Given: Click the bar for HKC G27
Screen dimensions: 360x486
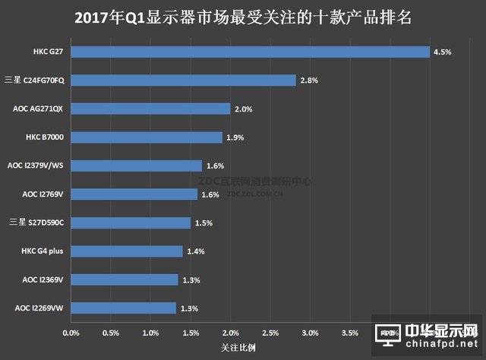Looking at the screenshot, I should [x=251, y=52].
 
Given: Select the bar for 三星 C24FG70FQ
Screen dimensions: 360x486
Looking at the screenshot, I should [x=183, y=81].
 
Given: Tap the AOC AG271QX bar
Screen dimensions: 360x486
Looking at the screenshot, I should [x=150, y=109].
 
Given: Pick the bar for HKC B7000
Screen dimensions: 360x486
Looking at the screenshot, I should [x=147, y=137].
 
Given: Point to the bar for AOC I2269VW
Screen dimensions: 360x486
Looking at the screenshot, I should [x=123, y=308].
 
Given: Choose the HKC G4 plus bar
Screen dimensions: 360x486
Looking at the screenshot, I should [x=127, y=251].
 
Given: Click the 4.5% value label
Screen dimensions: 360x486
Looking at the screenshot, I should [x=442, y=52].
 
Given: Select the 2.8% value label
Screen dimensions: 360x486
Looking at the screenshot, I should [x=309, y=81].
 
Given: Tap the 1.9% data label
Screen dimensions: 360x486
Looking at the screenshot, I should [x=236, y=137].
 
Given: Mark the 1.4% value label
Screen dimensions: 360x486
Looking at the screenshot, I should [x=196, y=251].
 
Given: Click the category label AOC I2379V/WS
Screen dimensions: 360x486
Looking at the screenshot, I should [x=36, y=166].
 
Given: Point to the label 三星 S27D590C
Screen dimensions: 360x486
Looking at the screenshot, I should [x=35, y=223].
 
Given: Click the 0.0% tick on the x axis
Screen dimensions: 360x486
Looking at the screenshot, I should [x=71, y=333].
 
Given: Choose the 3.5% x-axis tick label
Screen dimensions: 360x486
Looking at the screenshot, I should [x=350, y=333].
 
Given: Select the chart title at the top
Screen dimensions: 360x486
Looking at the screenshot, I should [x=243, y=17].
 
